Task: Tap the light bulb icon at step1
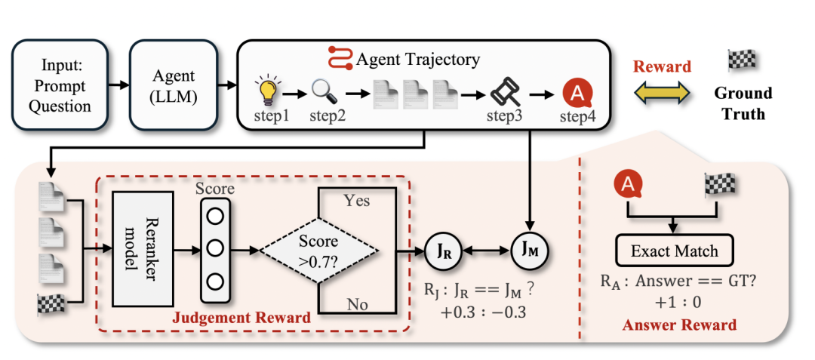click(x=269, y=93)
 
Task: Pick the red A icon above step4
click(x=576, y=95)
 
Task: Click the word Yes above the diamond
click(x=356, y=202)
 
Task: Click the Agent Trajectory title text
click(x=418, y=58)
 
